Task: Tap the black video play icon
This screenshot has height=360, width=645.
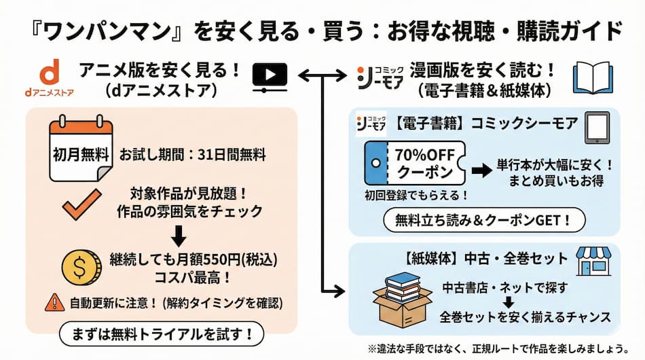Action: click(269, 77)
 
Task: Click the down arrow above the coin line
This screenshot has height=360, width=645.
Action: click(179, 235)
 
